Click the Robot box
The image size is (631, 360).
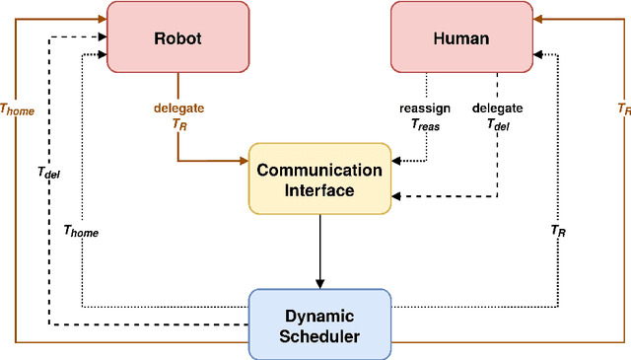pos(177,36)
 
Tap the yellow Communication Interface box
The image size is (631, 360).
pos(319,180)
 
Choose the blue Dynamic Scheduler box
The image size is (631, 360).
pos(319,324)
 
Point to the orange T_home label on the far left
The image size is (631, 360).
pos(17,110)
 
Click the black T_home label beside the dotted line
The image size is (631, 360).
pos(81,231)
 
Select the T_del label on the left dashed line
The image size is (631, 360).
pos(48,173)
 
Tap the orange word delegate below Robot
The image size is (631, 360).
pos(178,108)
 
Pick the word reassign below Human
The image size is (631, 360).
pos(427,108)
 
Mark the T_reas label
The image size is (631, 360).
pos(427,124)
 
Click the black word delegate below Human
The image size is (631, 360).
pos(498,108)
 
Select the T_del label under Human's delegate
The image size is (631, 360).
pos(498,124)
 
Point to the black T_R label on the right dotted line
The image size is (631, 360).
pos(559,231)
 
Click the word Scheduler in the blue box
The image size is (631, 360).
pos(319,336)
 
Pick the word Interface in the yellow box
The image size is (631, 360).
pos(319,190)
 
